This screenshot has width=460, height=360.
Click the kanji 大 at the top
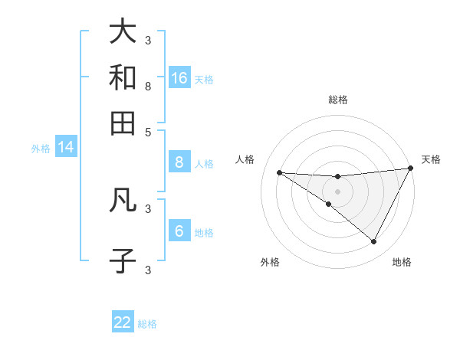click(x=123, y=31)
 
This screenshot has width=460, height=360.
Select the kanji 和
click(x=123, y=77)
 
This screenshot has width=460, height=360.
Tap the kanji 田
click(x=123, y=123)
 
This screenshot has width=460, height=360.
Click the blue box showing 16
click(x=179, y=78)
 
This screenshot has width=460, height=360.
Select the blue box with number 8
click(x=179, y=162)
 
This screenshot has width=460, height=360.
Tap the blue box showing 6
click(x=179, y=231)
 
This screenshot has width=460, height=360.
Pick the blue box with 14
click(x=66, y=148)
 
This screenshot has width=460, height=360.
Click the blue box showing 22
click(x=123, y=322)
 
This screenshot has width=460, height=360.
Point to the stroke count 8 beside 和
click(x=148, y=86)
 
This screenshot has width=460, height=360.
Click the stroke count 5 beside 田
click(x=148, y=131)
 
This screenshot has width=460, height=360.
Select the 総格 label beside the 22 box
click(x=147, y=324)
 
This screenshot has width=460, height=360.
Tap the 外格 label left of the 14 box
click(x=41, y=149)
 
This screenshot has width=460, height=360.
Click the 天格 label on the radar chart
click(x=431, y=159)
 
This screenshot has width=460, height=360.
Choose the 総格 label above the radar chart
click(x=337, y=100)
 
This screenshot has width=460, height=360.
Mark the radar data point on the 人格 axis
click(x=280, y=172)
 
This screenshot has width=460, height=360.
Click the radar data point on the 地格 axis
click(x=373, y=242)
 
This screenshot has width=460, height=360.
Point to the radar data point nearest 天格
click(x=410, y=169)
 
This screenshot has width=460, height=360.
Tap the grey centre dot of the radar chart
click(x=337, y=191)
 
